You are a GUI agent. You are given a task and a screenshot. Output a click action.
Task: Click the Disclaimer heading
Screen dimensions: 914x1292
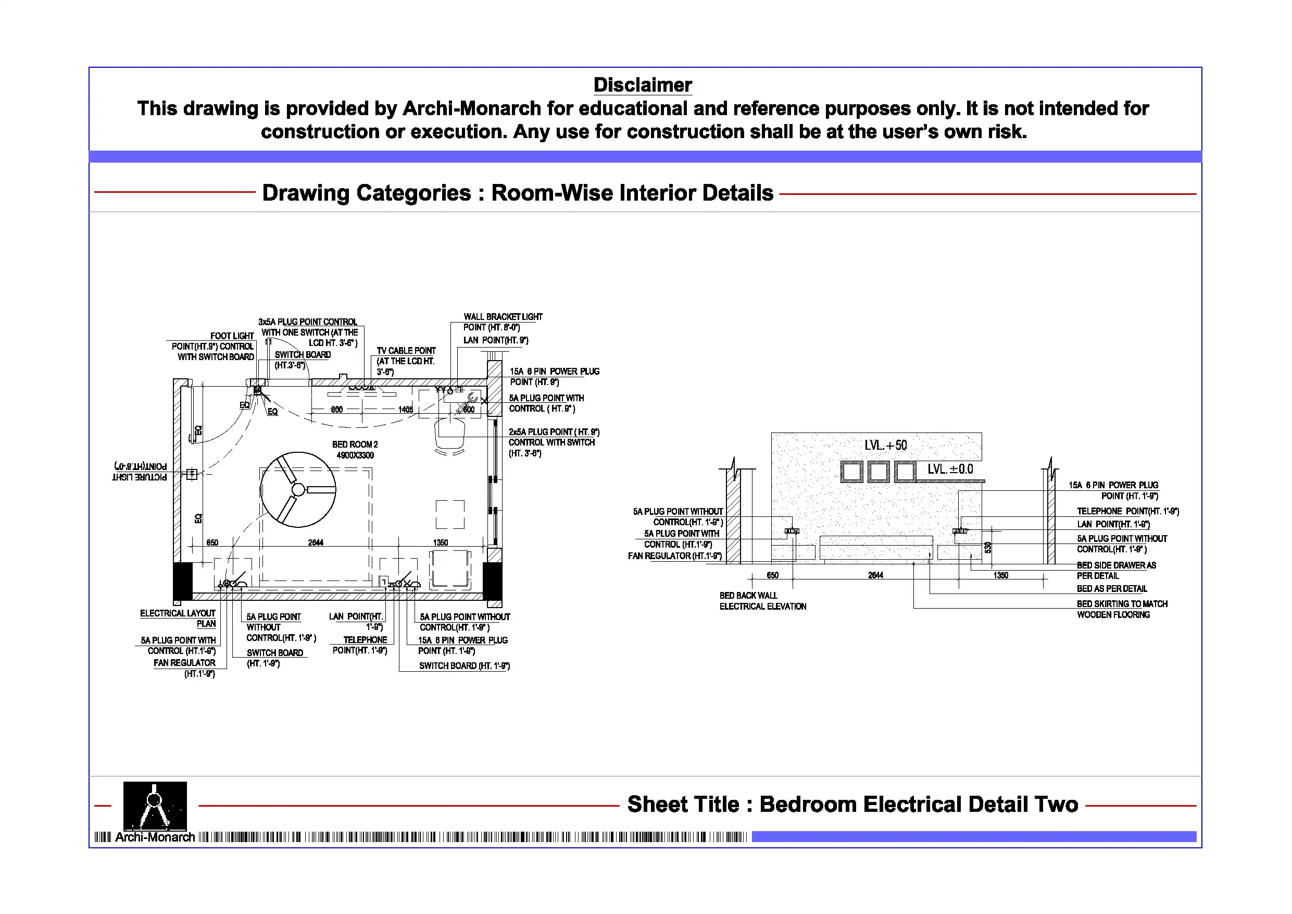643,85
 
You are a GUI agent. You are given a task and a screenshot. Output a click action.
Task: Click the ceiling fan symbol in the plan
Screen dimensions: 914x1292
298,489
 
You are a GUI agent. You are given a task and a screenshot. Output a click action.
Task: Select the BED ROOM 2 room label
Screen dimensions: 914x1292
355,444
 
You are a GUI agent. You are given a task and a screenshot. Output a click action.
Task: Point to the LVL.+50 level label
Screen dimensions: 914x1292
886,446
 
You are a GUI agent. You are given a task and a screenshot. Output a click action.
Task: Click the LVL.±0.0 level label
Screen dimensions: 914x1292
950,469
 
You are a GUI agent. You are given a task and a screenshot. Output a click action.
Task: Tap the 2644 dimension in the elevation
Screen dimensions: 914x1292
875,575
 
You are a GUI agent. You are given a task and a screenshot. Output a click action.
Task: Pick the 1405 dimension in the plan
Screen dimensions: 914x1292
406,410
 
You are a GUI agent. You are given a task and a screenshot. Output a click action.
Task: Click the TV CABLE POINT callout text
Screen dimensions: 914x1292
406,351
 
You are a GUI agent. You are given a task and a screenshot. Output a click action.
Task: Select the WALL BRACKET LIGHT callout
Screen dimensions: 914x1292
503,317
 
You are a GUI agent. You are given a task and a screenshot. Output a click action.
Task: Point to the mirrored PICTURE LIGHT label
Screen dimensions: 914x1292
140,472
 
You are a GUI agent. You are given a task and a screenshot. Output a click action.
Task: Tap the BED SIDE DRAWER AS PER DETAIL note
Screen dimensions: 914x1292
1116,570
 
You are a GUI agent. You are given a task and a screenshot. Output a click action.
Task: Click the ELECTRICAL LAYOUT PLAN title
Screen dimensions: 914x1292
178,618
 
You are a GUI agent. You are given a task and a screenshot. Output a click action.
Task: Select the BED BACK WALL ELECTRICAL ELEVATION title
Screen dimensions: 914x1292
762,601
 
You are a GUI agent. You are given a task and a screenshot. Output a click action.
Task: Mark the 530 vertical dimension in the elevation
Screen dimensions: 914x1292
987,547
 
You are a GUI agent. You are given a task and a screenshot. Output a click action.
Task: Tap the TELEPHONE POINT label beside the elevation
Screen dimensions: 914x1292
1127,511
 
